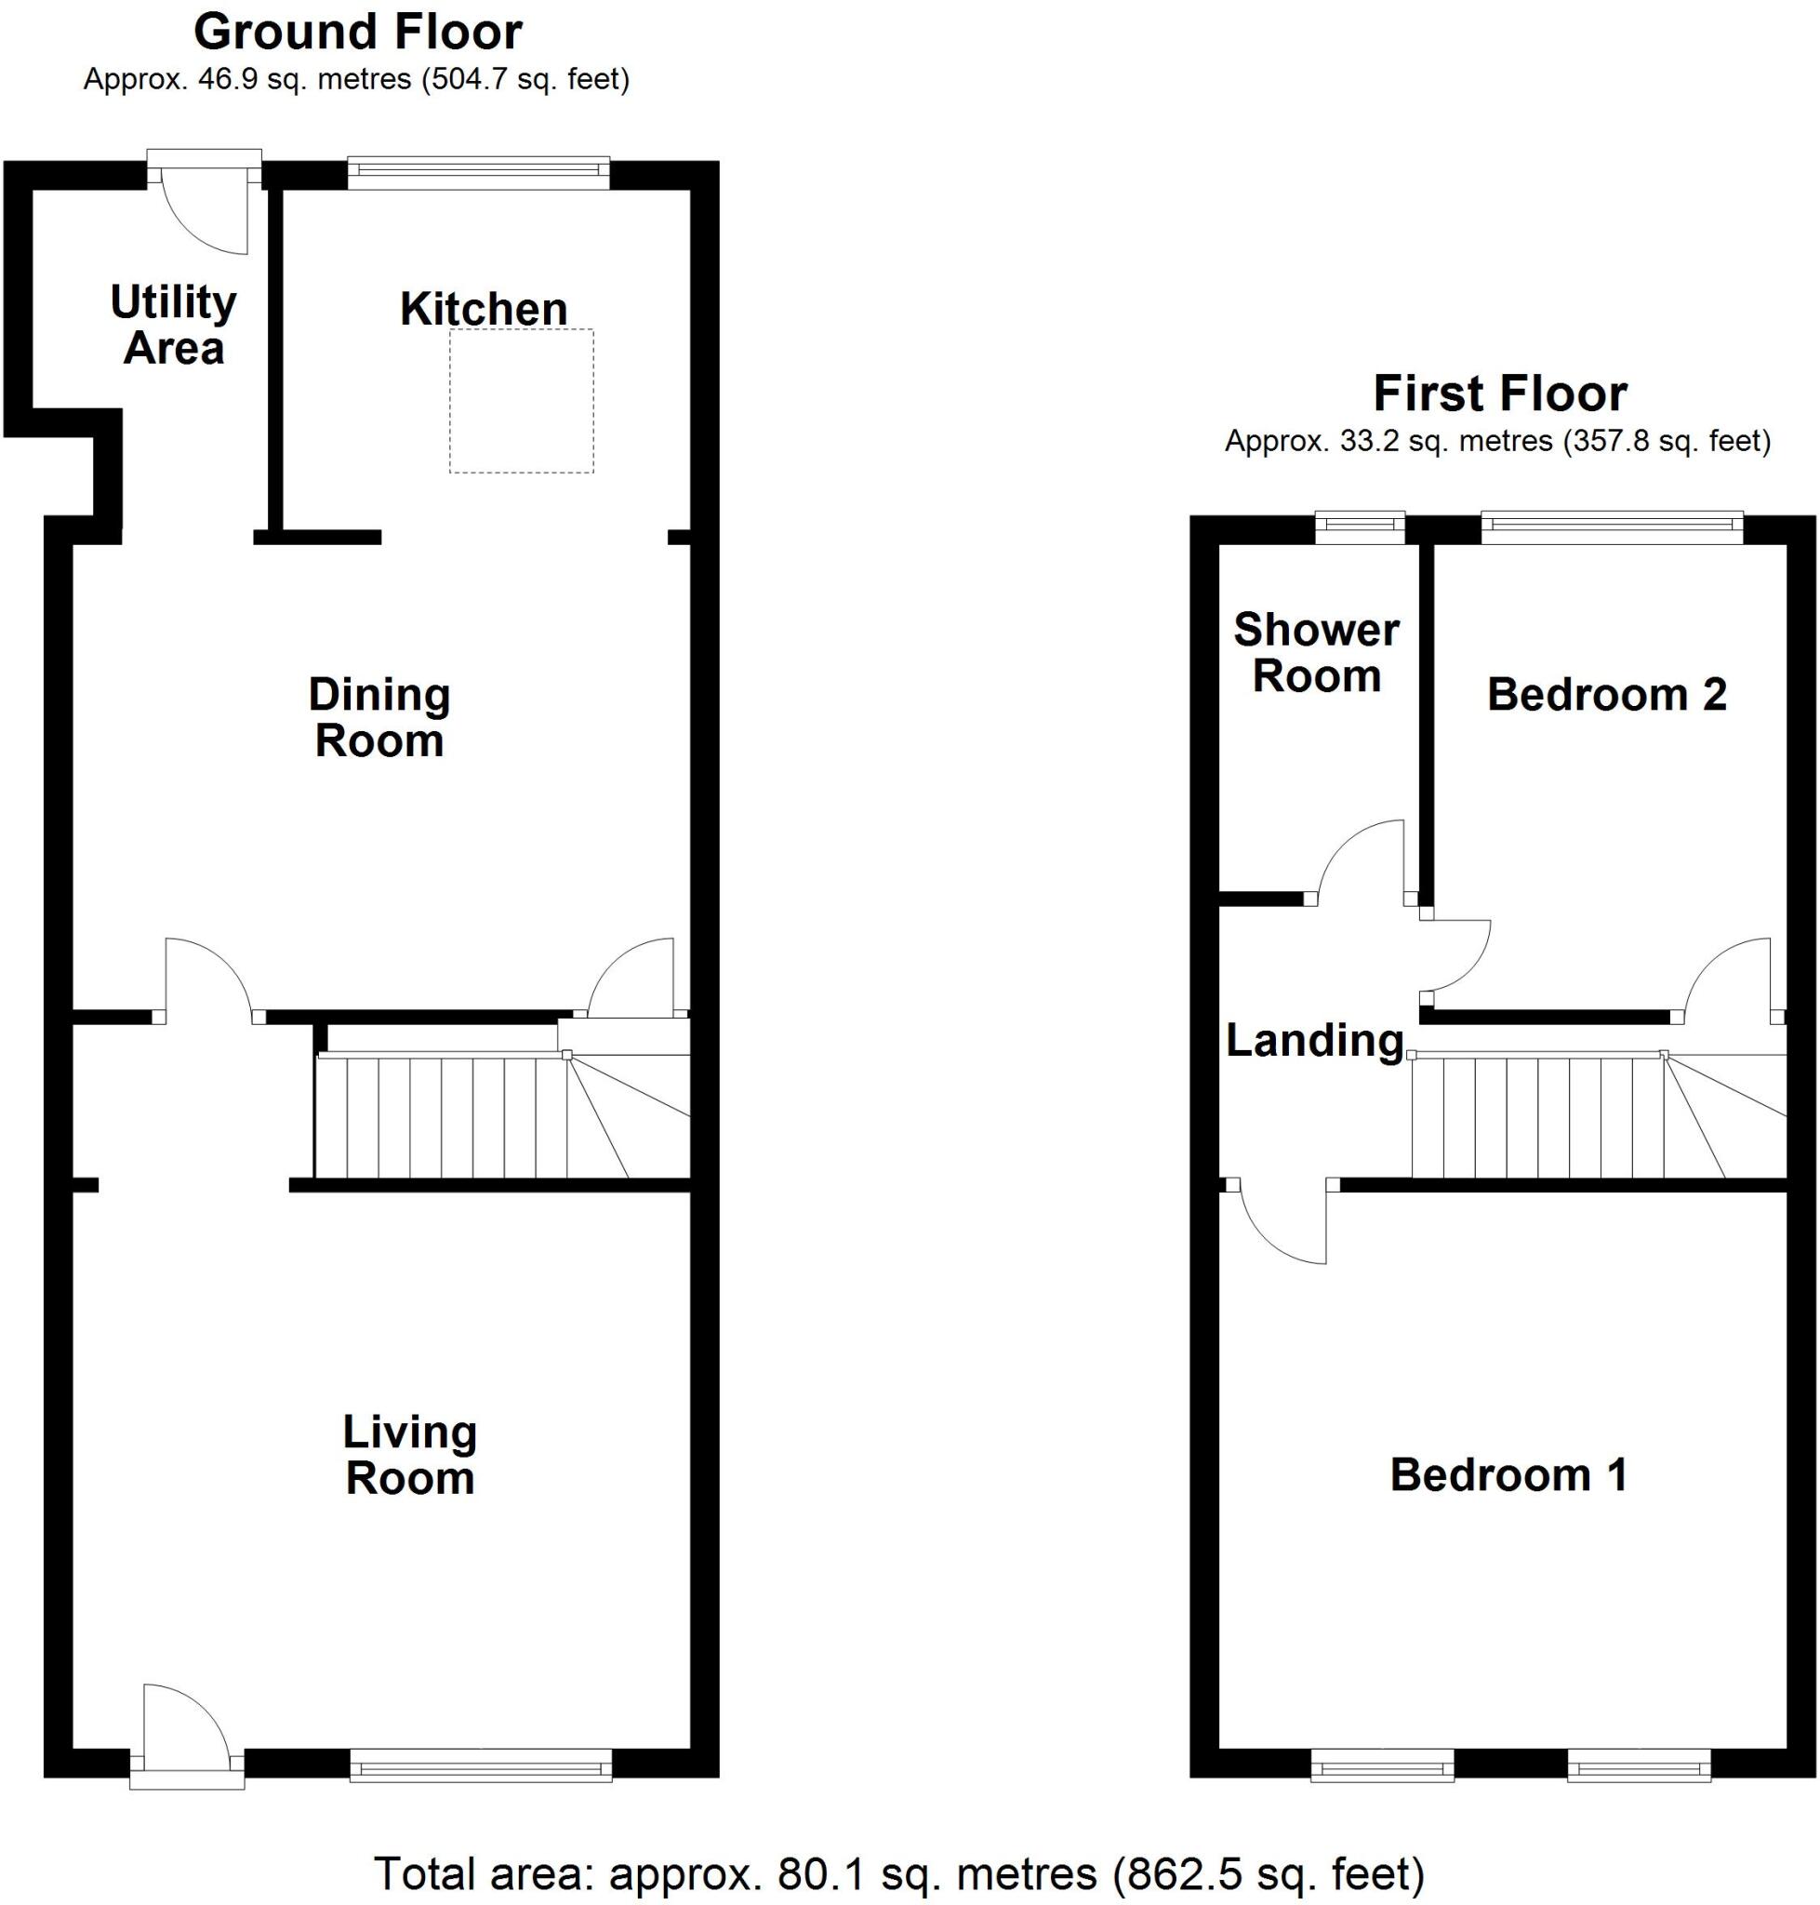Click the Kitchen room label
tap(484, 310)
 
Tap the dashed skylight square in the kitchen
tap(521, 401)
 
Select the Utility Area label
tap(174, 326)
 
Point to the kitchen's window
tap(478, 173)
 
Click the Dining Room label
tap(379, 718)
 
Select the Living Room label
tap(409, 1456)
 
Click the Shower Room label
tap(1317, 653)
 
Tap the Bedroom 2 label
tap(1607, 695)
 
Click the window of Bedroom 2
tap(1612, 527)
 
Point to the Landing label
tap(1315, 1040)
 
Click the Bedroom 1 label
tap(1508, 1475)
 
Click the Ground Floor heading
tap(358, 32)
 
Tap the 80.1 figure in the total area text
tap(812, 1873)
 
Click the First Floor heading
tap(1500, 394)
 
